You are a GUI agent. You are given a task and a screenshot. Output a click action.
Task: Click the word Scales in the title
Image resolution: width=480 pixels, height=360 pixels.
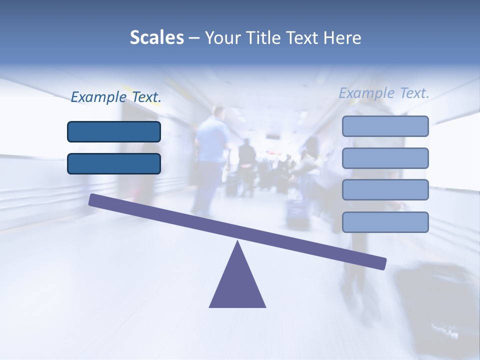(x=156, y=38)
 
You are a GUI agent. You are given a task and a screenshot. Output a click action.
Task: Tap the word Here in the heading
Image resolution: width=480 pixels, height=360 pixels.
(x=342, y=38)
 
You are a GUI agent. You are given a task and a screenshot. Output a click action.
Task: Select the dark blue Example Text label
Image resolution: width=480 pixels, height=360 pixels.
(x=116, y=97)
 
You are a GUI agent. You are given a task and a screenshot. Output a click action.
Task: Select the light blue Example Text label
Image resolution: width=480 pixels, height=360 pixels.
(x=384, y=93)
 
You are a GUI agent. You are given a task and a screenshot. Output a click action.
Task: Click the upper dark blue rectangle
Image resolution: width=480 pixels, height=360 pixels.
(x=114, y=132)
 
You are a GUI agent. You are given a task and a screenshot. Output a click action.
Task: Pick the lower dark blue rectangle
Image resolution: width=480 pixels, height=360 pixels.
(x=114, y=164)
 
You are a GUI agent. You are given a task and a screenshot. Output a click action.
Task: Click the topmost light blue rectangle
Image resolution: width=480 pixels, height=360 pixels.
(x=385, y=126)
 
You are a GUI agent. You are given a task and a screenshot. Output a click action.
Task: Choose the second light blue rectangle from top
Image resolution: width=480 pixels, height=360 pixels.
(x=385, y=158)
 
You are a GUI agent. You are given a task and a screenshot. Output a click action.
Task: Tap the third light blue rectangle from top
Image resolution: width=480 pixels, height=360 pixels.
(x=385, y=190)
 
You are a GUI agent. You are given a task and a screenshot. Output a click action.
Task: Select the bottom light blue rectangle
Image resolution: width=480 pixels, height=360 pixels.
(x=385, y=222)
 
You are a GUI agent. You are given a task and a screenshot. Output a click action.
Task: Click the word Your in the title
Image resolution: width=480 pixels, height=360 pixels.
(x=223, y=38)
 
